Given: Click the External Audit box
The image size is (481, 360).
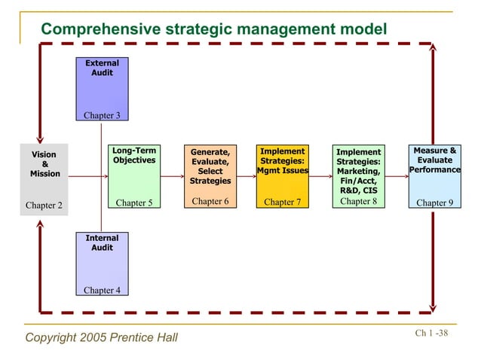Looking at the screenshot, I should pos(102,88).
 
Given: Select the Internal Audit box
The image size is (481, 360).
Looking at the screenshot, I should pos(102,264).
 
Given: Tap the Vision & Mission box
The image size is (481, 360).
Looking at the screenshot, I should pos(44,178).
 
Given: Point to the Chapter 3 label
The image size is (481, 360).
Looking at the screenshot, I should pos(102,115).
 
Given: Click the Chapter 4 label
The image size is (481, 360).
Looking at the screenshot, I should pos(102,290).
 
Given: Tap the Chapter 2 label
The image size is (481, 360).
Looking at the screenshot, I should pos(44,204).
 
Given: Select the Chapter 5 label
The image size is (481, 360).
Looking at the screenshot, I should pos(134,203).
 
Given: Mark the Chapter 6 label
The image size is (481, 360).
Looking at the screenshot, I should pos(210,201).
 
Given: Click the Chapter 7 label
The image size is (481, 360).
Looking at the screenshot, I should pos(282,203).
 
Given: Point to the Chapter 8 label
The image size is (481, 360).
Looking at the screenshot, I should pos(358,201).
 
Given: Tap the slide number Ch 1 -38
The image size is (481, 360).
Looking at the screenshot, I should pos(431,334).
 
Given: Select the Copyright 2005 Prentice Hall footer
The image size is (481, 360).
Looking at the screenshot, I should pos(102,337).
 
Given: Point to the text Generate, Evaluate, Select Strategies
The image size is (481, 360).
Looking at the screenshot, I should pos(210,166).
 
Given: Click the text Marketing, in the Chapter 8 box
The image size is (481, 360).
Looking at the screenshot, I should pos(358,172).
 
